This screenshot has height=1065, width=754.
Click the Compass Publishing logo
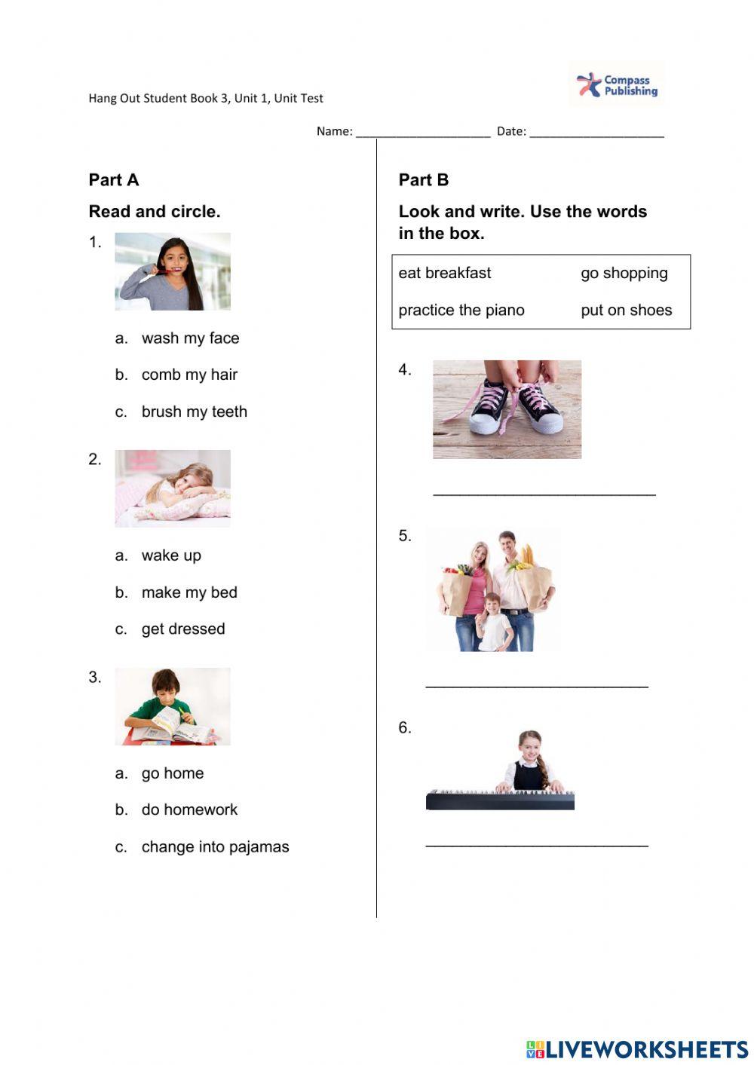617,84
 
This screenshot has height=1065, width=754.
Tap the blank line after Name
422,133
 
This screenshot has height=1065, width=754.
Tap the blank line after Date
596,133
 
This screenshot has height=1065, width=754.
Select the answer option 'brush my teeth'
194,412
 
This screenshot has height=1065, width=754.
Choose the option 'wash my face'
190,338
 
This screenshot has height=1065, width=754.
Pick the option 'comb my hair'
189,375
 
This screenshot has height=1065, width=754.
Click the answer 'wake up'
171,555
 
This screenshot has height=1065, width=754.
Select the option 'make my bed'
189,592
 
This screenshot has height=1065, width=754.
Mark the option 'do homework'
189,809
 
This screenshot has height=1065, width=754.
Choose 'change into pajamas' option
215,846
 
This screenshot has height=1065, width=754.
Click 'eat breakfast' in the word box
445,273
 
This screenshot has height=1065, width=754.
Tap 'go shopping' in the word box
624,273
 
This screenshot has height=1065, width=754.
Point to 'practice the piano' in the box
461,310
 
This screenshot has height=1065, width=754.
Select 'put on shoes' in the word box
626,310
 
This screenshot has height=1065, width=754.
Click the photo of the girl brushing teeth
173,271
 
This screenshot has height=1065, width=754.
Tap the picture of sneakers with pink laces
507,409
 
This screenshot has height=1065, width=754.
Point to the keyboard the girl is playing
500,800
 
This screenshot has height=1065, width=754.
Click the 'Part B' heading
424,180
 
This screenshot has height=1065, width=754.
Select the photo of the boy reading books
173,706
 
